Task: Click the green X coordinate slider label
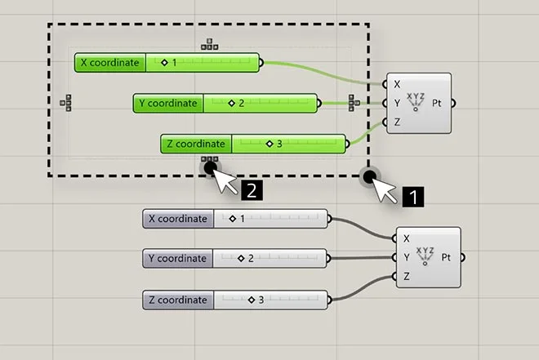click(109, 63)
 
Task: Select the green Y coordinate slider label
click(168, 104)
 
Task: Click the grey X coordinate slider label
click(177, 219)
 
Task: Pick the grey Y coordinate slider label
click(177, 259)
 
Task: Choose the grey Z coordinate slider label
click(177, 300)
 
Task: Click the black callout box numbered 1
click(416, 197)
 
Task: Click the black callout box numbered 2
click(252, 191)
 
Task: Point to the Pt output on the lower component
click(448, 257)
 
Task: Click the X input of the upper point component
click(397, 84)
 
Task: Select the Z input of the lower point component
click(407, 277)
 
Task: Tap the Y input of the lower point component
click(407, 257)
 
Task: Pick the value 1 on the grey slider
click(242, 219)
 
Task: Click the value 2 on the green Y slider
click(242, 104)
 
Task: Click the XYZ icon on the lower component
click(425, 256)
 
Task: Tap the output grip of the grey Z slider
click(329, 300)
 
